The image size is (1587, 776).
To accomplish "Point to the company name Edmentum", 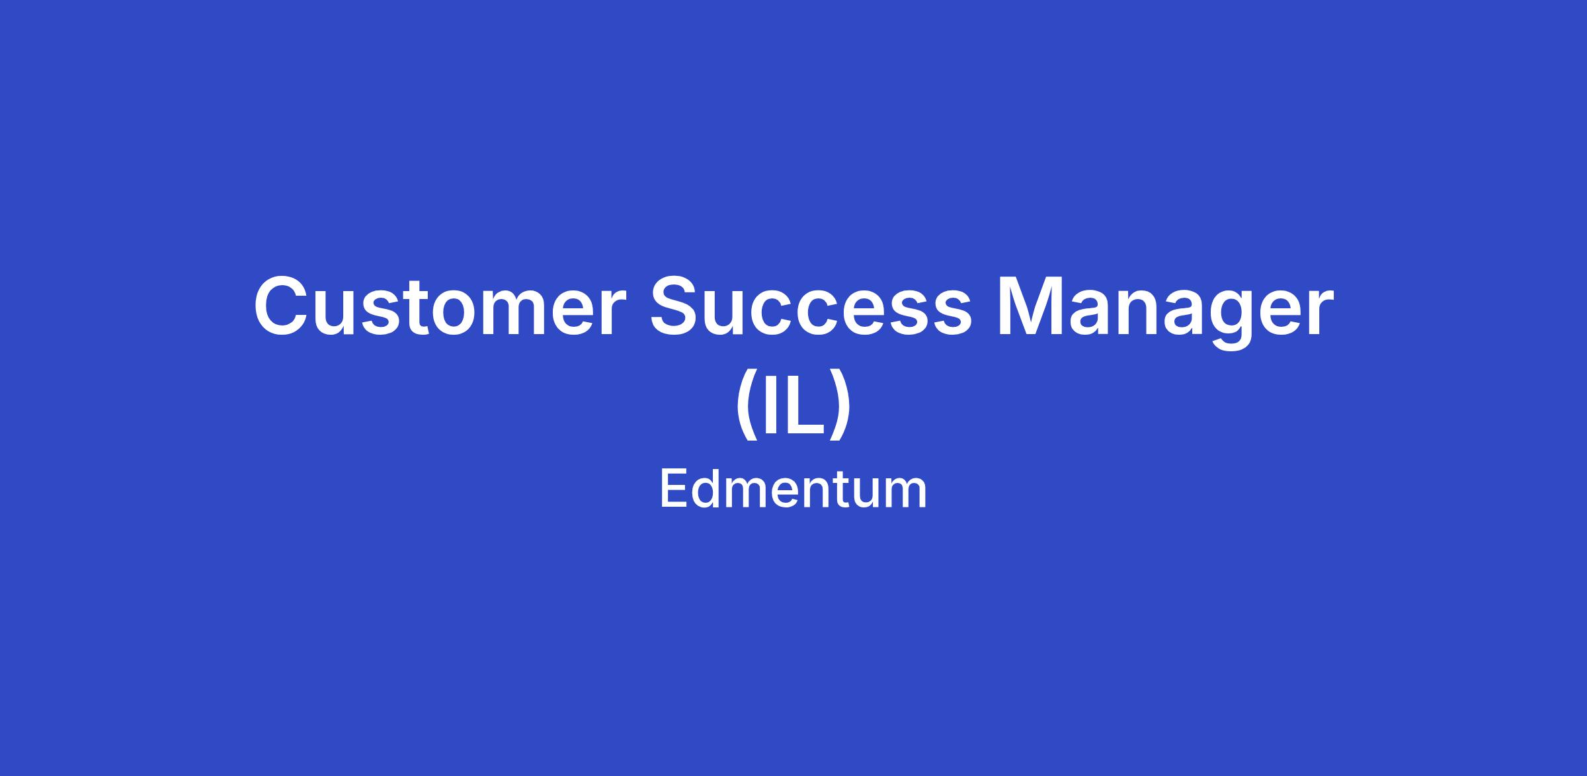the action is click(793, 490).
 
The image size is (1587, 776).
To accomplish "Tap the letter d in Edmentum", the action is click(709, 488).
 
